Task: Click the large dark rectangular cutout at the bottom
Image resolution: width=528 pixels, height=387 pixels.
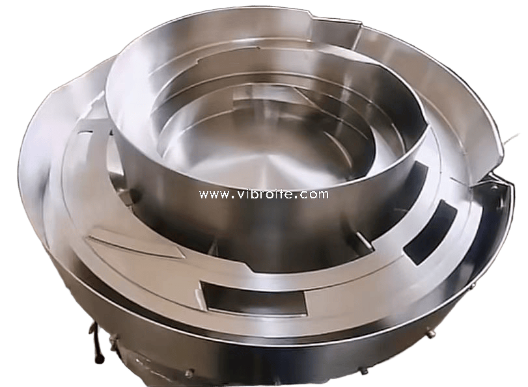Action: tap(255, 299)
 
